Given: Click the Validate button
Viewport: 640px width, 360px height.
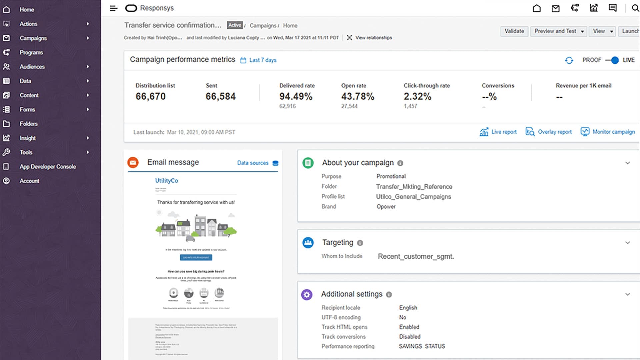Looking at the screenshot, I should (514, 31).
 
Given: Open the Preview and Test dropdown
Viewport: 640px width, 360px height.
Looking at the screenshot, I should (558, 31).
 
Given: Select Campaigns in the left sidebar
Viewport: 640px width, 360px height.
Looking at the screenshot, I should (33, 38).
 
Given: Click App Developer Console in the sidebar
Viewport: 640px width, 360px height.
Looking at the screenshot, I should (47, 167).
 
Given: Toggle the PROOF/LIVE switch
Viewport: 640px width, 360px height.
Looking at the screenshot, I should (612, 60).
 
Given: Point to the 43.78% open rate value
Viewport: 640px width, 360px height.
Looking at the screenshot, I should (358, 97).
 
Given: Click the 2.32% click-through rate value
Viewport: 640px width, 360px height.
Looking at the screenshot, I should (417, 97).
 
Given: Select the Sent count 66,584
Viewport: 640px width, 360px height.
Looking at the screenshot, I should (220, 97).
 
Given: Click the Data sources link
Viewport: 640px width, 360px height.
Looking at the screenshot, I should (253, 163).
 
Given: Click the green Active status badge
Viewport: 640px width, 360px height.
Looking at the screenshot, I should (235, 25).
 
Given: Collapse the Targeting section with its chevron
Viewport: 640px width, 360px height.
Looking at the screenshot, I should (627, 243).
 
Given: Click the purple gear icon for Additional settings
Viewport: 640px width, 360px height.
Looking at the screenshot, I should (307, 294).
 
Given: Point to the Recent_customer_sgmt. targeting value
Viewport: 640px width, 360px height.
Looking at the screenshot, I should (416, 256).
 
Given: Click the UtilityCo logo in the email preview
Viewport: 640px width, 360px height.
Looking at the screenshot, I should (166, 181).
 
